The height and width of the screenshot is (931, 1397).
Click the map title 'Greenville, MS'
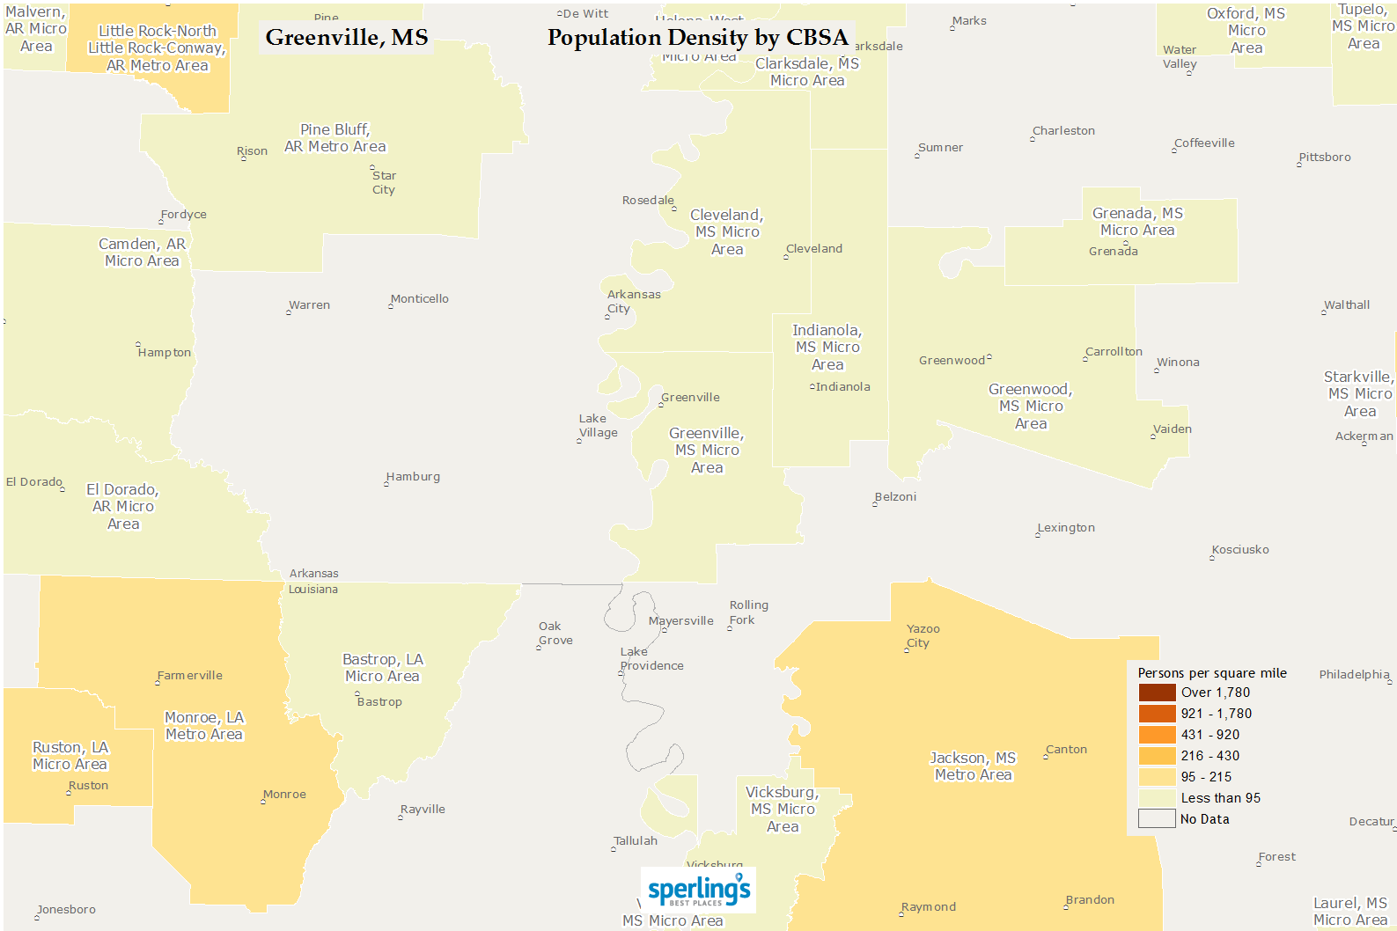coord(347,38)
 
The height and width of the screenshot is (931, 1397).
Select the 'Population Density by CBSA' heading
coord(697,38)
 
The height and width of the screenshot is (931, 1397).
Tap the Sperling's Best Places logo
coord(699,890)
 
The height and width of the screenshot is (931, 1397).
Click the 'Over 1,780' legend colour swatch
coord(1157,693)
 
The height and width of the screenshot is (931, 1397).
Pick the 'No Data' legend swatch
coord(1157,819)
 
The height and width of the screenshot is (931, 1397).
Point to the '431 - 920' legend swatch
coord(1157,735)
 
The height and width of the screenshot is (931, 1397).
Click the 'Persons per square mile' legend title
coord(1212,673)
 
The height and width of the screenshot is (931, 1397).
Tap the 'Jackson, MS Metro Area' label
coord(973,766)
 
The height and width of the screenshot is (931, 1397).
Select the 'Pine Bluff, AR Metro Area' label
coord(335,138)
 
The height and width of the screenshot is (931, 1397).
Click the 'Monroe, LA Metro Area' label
coord(204,726)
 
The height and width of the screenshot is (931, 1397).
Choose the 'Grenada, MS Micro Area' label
coord(1137,222)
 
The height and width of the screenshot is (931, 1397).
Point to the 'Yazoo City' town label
coord(923,635)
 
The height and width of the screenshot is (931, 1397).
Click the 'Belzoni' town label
coord(895,497)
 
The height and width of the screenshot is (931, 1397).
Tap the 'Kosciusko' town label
coord(1240,550)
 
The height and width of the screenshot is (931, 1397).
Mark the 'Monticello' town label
coord(419,299)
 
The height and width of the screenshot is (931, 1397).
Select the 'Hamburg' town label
coord(413,477)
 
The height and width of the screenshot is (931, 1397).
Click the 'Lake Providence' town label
coord(651,658)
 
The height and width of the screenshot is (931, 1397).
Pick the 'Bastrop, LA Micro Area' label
coord(383,668)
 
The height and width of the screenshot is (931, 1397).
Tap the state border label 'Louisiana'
coord(313,590)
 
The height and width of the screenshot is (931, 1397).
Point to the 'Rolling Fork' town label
coord(748,612)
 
